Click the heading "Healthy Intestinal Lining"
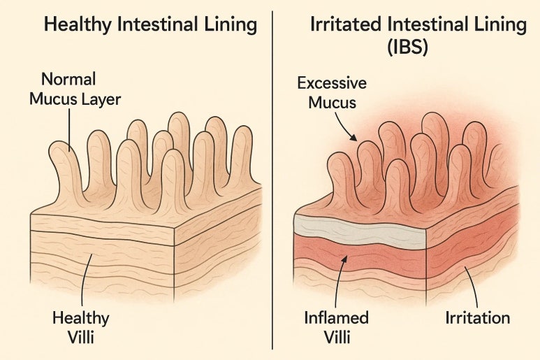tap(150, 26)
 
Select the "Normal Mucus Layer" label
tap(75, 89)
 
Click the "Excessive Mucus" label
tap(332, 93)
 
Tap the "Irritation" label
tap(477, 319)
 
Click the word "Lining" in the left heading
tap(231, 26)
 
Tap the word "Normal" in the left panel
tap(68, 78)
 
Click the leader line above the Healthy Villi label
tap(84, 280)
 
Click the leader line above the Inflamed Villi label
tap(339, 283)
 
